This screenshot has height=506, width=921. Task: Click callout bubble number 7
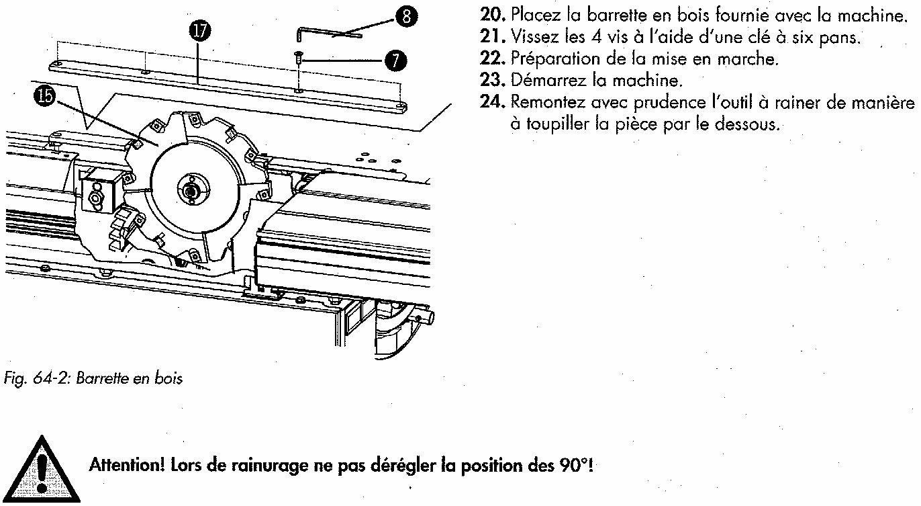pyautogui.click(x=395, y=60)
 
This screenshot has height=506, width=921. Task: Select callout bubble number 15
pyautogui.click(x=44, y=96)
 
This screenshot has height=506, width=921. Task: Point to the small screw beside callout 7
pyautogui.click(x=298, y=60)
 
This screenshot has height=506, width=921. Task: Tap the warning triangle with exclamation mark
pyautogui.click(x=41, y=470)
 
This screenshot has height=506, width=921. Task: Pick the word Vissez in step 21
pyautogui.click(x=530, y=36)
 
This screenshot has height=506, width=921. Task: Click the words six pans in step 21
pyautogui.click(x=826, y=36)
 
